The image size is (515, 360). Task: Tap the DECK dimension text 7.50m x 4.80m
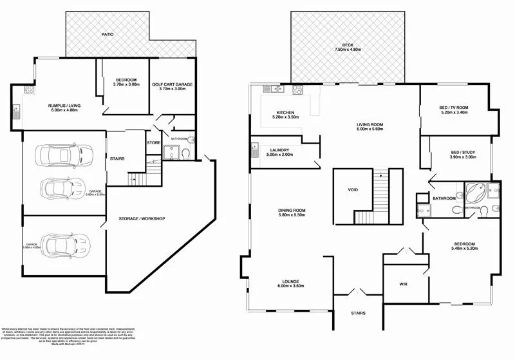(x=348, y=50)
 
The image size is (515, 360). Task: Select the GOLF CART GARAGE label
(x=173, y=84)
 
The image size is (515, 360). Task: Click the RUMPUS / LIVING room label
(x=63, y=105)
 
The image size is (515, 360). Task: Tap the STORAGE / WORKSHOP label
(x=142, y=219)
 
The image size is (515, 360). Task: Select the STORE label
(x=153, y=142)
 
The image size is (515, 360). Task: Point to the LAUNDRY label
(x=279, y=150)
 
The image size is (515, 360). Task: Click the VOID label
(x=352, y=190)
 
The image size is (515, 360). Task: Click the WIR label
(x=403, y=283)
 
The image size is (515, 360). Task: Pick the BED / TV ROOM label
(x=454, y=108)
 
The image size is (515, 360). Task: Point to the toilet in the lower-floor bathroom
(x=185, y=153)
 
